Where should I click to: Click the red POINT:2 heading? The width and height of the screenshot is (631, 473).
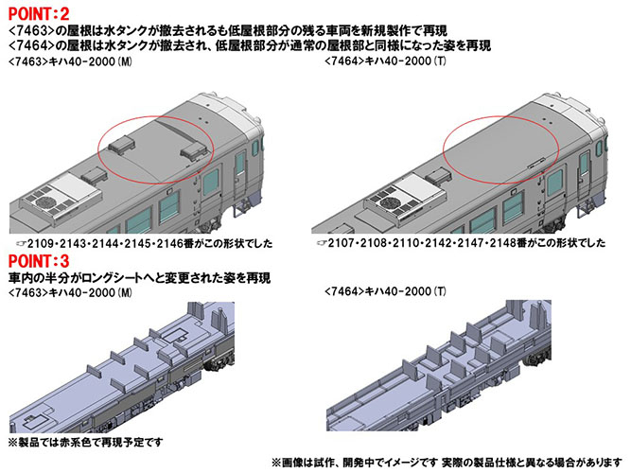[x=39, y=14]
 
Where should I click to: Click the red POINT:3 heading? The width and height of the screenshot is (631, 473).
[x=39, y=262]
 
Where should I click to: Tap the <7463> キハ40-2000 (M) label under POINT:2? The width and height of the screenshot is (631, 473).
[x=70, y=61]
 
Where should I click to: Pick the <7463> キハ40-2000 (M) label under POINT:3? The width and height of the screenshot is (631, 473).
[x=70, y=292]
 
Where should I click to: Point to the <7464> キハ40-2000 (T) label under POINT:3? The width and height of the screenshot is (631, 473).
[x=385, y=291]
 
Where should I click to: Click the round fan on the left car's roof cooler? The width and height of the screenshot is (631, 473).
[x=44, y=202]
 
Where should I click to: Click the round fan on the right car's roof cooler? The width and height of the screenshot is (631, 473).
[x=387, y=201]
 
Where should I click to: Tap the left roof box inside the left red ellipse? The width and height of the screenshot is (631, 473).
[x=121, y=144]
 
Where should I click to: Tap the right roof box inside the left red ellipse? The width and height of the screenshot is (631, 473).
[x=194, y=151]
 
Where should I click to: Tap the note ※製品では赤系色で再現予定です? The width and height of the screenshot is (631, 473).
[x=85, y=443]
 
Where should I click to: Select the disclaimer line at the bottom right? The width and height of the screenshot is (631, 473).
[x=447, y=463]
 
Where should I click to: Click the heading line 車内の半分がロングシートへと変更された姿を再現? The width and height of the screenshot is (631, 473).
[x=139, y=278]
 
